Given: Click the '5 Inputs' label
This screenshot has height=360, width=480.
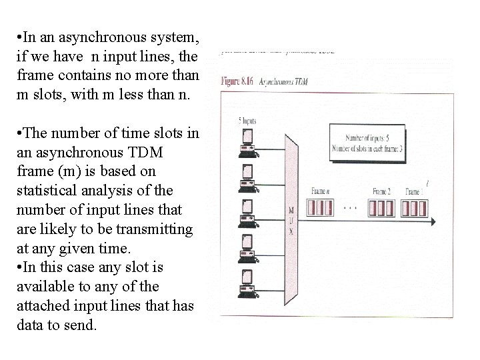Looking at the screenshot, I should (x=248, y=121).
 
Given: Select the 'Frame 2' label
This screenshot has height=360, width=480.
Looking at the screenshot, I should (x=381, y=191).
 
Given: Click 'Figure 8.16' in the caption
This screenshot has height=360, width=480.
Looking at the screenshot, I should (x=239, y=81).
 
